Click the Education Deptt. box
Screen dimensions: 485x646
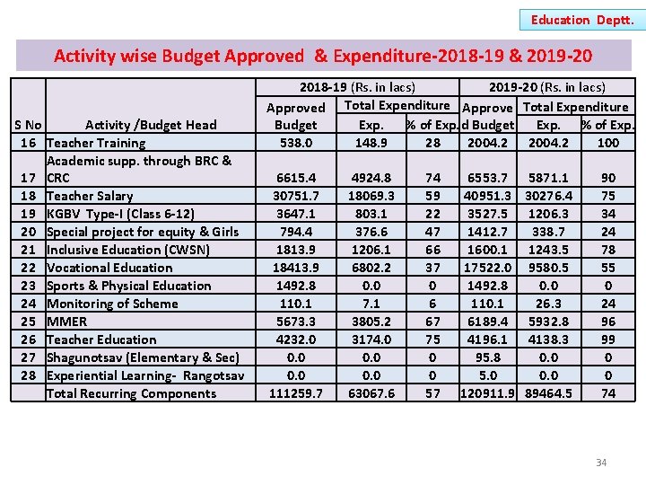[582, 19]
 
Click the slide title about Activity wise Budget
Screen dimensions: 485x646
[323, 56]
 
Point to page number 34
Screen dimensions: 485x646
[601, 463]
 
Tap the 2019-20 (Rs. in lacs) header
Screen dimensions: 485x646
[546, 87]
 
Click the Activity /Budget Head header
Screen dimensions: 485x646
[151, 125]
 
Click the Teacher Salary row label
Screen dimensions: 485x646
[90, 196]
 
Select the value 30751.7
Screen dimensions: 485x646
[295, 196]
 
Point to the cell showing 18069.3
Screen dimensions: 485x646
[371, 196]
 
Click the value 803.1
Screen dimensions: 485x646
[371, 214]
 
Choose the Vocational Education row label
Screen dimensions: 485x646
[109, 268]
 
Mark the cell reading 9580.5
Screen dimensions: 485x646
[546, 268]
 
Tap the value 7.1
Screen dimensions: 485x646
[371, 304]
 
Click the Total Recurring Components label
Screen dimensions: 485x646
[131, 393]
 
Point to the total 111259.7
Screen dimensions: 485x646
[295, 393]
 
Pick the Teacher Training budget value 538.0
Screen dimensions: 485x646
[295, 143]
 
